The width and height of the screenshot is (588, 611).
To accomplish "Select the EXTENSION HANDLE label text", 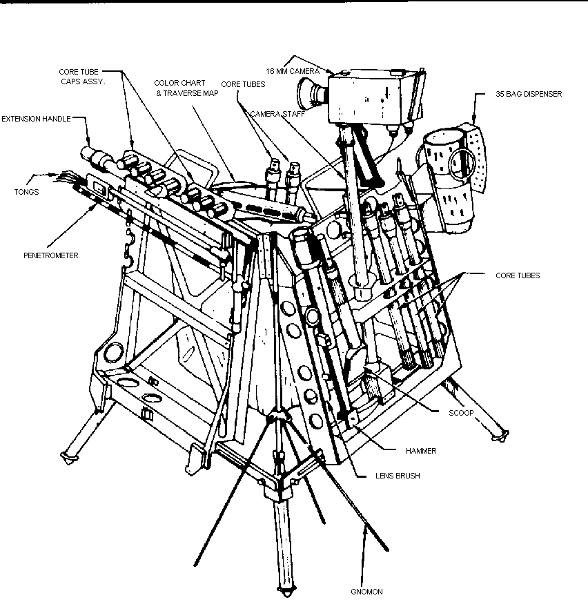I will [36, 119].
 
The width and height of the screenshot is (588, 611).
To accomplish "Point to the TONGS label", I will [28, 192].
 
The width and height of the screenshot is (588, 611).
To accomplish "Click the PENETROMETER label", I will [50, 255].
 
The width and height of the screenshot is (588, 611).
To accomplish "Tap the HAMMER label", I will [420, 450].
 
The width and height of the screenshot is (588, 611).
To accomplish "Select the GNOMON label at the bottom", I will [366, 592].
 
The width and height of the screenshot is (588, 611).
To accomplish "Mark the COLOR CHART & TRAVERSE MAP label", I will [186, 88].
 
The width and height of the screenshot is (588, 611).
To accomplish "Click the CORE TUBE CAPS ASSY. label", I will [81, 76].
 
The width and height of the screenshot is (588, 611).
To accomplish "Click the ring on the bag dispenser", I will [460, 162].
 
